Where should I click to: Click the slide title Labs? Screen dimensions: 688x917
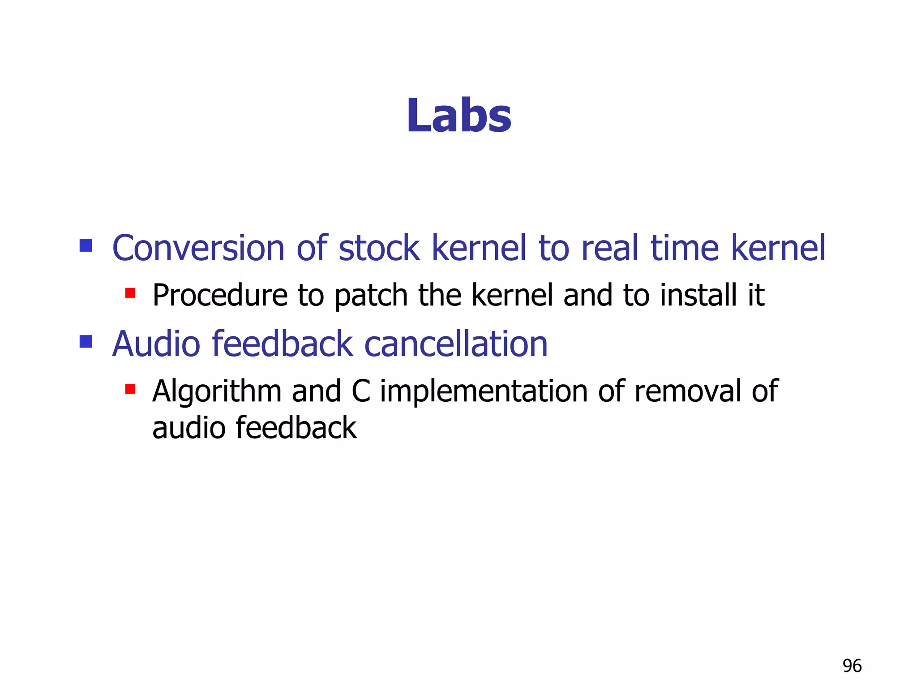[458, 116]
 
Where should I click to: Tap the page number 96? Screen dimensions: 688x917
[852, 666]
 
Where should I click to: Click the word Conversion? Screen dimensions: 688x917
[198, 248]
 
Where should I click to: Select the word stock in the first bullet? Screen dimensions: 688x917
[379, 248]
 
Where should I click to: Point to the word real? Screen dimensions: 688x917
[609, 248]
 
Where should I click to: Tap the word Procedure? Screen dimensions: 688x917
[220, 296]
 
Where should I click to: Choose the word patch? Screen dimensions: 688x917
[371, 296]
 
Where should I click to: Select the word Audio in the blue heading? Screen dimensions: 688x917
[156, 344]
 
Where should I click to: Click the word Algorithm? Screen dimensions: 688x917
[217, 391]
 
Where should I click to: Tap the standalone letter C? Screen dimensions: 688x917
[360, 391]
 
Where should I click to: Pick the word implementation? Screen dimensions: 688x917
[484, 391]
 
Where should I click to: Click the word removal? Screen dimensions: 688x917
[687, 391]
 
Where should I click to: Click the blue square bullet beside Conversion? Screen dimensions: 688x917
[86, 245]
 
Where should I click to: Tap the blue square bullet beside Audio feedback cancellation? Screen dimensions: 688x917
[86, 342]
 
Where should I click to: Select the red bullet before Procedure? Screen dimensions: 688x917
[130, 293]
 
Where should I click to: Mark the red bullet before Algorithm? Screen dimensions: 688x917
[130, 389]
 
